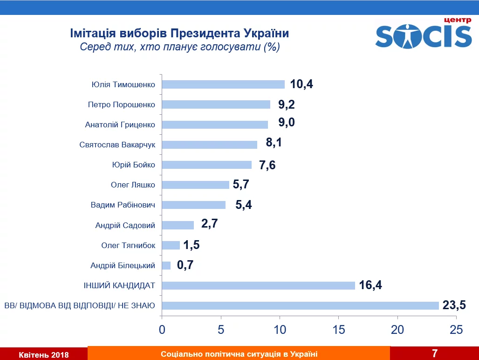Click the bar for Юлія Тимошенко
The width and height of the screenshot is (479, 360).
click(x=223, y=84)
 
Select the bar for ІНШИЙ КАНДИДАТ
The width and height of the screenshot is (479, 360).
click(x=259, y=285)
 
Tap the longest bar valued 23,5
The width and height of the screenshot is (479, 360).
click(x=301, y=305)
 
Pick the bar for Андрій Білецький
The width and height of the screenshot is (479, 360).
click(x=166, y=265)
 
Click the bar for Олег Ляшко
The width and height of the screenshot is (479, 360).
click(x=196, y=185)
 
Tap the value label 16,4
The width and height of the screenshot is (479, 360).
click(x=370, y=285)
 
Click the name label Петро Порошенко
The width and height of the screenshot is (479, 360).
click(x=121, y=104)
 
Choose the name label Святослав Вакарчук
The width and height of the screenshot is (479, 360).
click(x=117, y=145)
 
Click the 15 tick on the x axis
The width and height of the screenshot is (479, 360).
click(x=339, y=329)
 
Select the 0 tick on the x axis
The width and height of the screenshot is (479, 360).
click(x=162, y=329)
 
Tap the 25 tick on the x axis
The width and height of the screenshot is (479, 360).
click(x=456, y=329)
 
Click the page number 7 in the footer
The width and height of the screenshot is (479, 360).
click(x=434, y=353)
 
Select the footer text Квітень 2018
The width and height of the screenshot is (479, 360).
click(x=44, y=355)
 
